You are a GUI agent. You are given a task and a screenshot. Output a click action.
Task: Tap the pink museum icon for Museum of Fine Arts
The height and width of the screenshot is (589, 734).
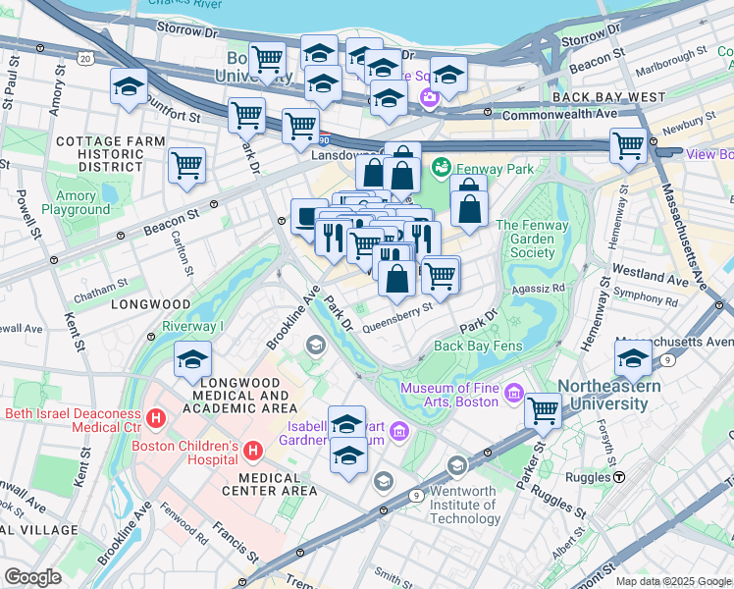[513, 395]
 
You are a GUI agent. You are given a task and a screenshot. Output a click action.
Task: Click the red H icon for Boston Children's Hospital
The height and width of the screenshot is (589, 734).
[253, 451]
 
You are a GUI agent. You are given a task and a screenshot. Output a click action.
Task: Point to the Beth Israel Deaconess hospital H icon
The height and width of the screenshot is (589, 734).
[154, 420]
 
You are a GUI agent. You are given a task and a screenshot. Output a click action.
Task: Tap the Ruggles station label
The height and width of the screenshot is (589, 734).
[586, 477]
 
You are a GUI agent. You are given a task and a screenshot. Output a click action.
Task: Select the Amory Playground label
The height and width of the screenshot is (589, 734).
[77, 203]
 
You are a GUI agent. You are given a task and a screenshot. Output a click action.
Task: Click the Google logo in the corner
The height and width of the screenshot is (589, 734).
[32, 576]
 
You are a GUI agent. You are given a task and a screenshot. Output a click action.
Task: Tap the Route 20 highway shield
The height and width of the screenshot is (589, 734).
[85, 60]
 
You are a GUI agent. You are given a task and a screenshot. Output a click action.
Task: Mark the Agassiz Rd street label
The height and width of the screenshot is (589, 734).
[544, 289]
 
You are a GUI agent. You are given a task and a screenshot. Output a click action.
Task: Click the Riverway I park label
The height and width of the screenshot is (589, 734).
[194, 326]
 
